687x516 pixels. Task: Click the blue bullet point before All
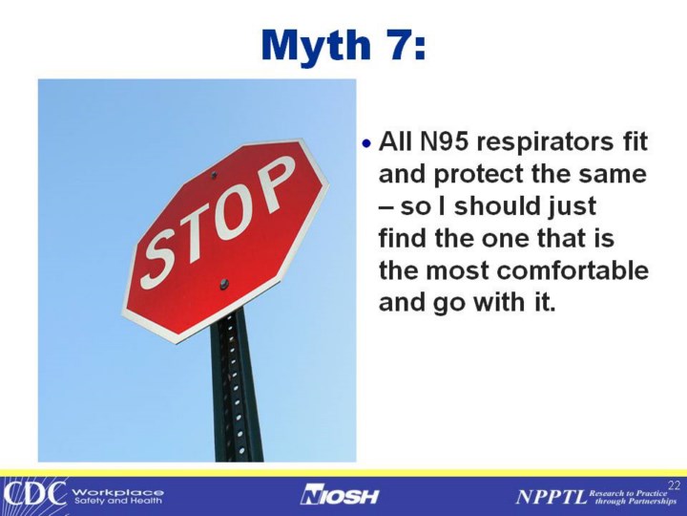(x=366, y=142)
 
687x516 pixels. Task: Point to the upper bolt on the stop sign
(x=214, y=175)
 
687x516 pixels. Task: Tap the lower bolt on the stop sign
(x=224, y=285)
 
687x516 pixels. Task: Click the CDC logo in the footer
(x=34, y=494)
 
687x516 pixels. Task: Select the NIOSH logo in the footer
(x=340, y=496)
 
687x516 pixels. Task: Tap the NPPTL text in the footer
(x=551, y=497)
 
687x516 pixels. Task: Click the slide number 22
(x=675, y=485)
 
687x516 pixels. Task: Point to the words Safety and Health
(x=118, y=501)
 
